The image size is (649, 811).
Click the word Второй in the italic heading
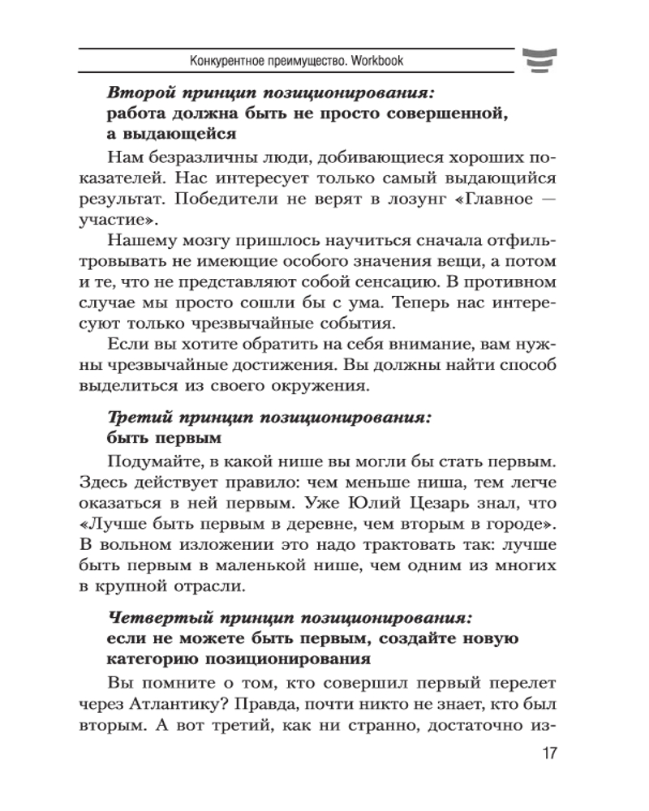(x=136, y=92)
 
